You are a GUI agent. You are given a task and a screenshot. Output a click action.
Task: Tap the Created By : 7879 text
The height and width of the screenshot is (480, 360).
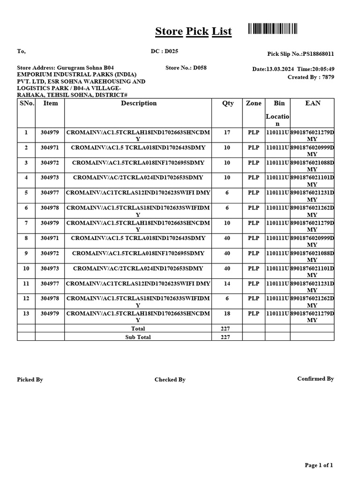311,77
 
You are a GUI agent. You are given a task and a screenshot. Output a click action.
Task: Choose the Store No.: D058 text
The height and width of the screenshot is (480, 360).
186,67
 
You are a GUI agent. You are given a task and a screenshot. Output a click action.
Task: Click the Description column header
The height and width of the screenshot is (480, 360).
139,103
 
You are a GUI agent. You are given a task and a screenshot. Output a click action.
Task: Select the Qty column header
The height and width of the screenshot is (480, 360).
228,103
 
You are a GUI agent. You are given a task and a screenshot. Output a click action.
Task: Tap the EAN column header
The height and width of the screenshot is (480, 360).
313,103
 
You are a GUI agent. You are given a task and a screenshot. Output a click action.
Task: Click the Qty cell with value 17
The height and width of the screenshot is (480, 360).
227,133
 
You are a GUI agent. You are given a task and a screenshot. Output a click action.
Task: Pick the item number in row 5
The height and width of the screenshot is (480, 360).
50,193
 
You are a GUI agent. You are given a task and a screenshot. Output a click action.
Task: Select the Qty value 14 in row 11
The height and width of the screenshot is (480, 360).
227,283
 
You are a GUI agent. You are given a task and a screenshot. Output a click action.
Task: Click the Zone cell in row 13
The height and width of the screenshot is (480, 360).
254,313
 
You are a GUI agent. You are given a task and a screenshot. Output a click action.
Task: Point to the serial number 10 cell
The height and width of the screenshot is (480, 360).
26,268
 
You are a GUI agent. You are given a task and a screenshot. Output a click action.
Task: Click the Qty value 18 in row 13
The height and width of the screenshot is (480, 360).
227,313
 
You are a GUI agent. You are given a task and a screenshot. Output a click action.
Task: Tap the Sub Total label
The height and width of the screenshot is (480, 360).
138,337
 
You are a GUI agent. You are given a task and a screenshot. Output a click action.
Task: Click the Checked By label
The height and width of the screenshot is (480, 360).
170,380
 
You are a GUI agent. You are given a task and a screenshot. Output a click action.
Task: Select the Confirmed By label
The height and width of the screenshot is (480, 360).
315,379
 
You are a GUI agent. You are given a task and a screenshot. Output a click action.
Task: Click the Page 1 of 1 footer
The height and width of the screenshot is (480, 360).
319,465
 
